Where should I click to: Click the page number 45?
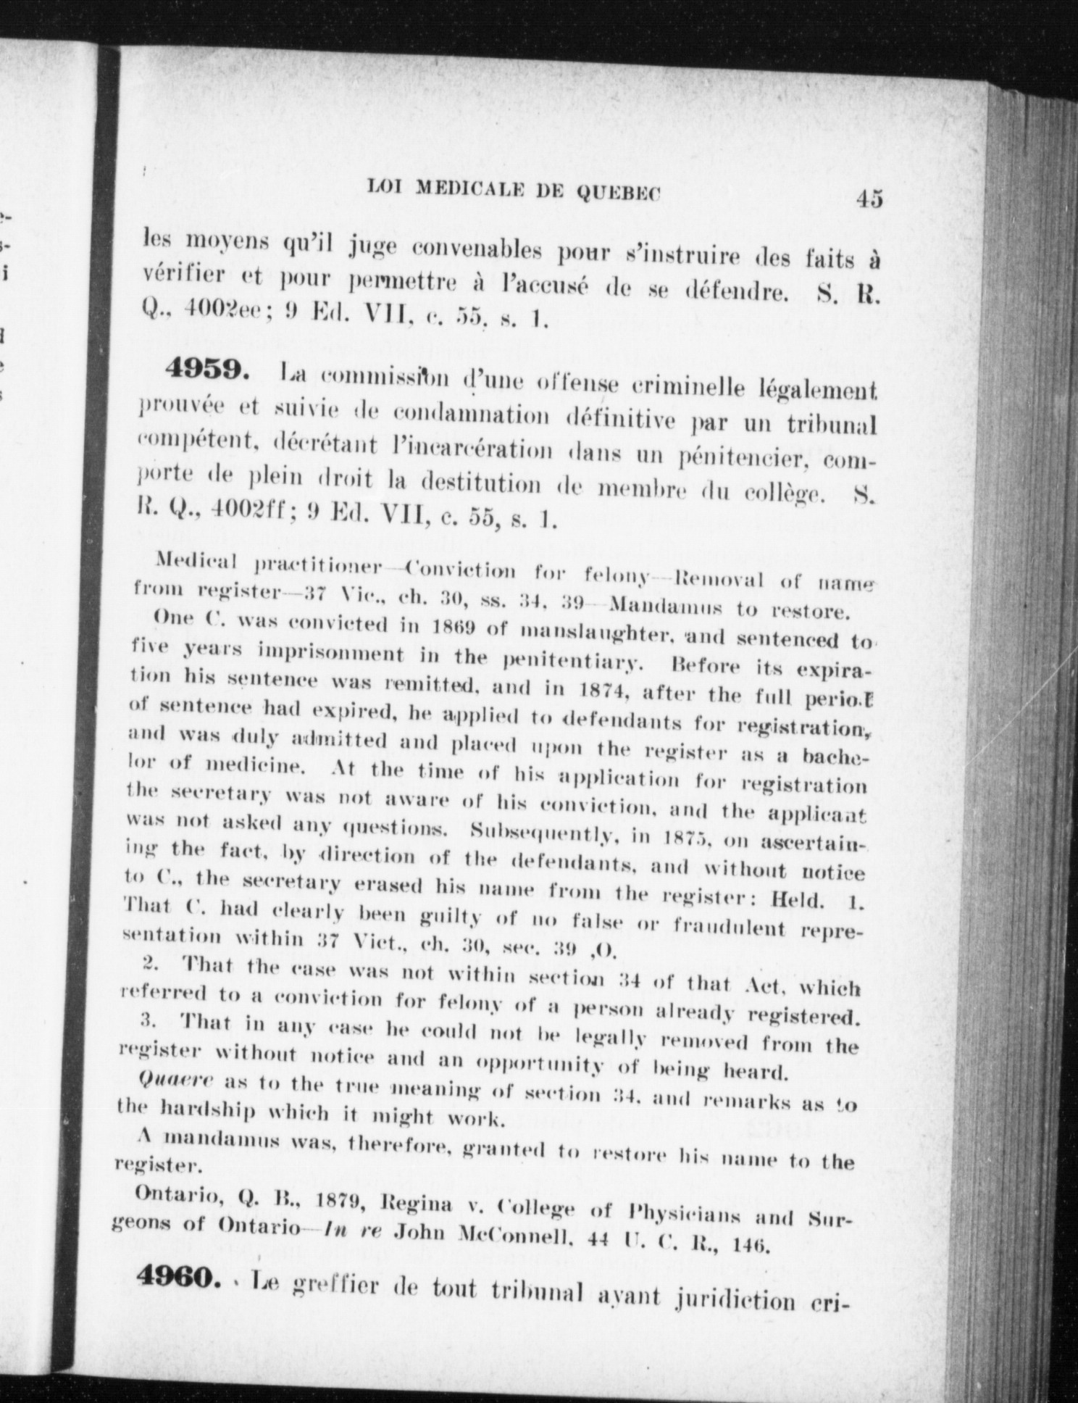pyautogui.click(x=868, y=199)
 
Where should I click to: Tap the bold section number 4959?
pyautogui.click(x=207, y=370)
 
